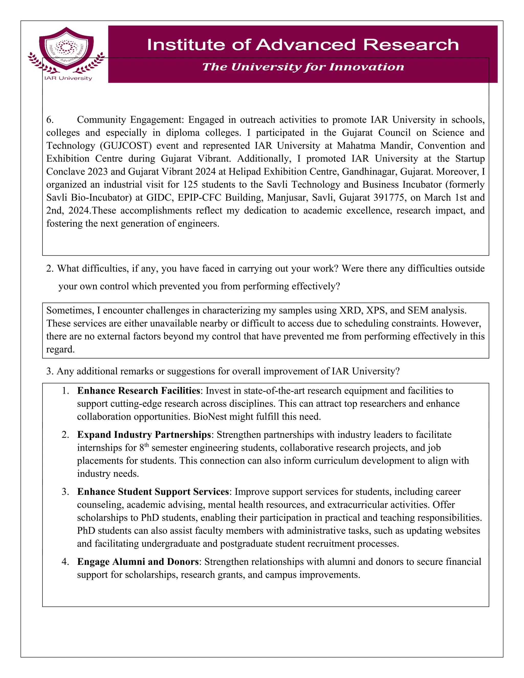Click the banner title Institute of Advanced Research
point(303,45)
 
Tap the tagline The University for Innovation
point(303,67)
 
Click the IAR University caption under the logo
point(68,78)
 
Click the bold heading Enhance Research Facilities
point(138,390)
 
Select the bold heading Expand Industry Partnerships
point(144,435)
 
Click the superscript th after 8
point(147,445)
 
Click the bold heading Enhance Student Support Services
point(153,492)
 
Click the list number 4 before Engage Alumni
point(65,562)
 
